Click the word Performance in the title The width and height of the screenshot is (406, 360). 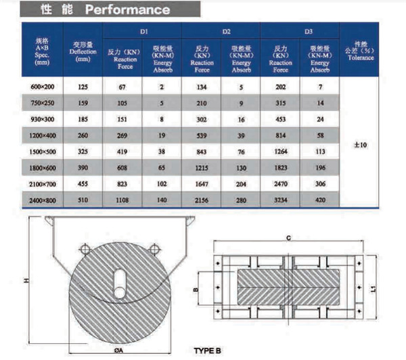click(x=127, y=9)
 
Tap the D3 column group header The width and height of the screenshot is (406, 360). click(x=300, y=31)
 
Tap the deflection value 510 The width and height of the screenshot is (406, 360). click(x=83, y=200)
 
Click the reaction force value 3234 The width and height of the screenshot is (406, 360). click(x=280, y=200)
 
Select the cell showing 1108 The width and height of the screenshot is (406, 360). click(x=122, y=200)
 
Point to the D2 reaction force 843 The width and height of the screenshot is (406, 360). click(x=202, y=151)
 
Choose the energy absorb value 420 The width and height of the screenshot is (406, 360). click(x=320, y=200)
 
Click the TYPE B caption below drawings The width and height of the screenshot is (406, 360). click(x=209, y=351)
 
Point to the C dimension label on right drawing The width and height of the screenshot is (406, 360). click(x=288, y=237)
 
